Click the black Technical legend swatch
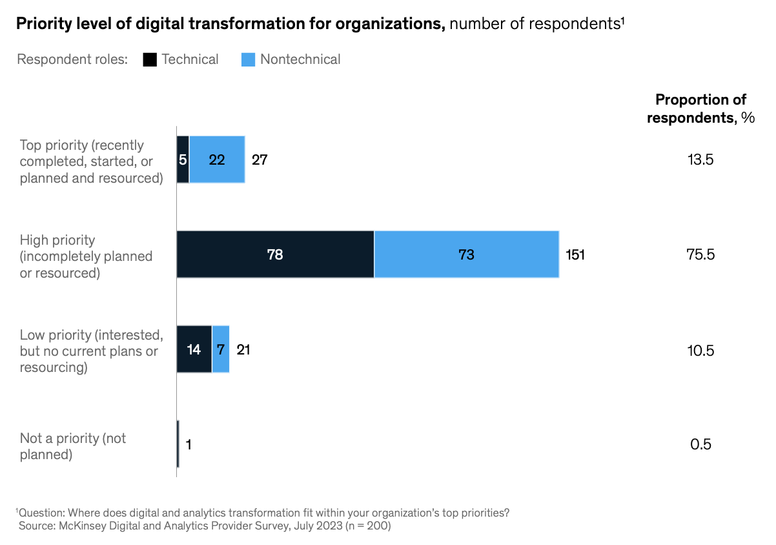(x=150, y=59)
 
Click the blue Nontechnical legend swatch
(x=249, y=59)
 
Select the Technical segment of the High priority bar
(x=275, y=254)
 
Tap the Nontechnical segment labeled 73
(x=466, y=254)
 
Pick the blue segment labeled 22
(x=217, y=159)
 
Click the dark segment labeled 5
(x=183, y=159)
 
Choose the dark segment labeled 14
(x=194, y=349)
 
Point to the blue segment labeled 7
(x=221, y=349)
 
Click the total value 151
(x=575, y=254)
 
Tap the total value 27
(x=260, y=159)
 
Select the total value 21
(x=243, y=349)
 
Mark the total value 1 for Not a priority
(x=189, y=444)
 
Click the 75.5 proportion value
(x=700, y=254)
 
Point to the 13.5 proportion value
(x=700, y=159)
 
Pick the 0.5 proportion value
(x=700, y=444)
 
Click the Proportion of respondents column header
(x=700, y=108)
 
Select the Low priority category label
(x=90, y=351)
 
